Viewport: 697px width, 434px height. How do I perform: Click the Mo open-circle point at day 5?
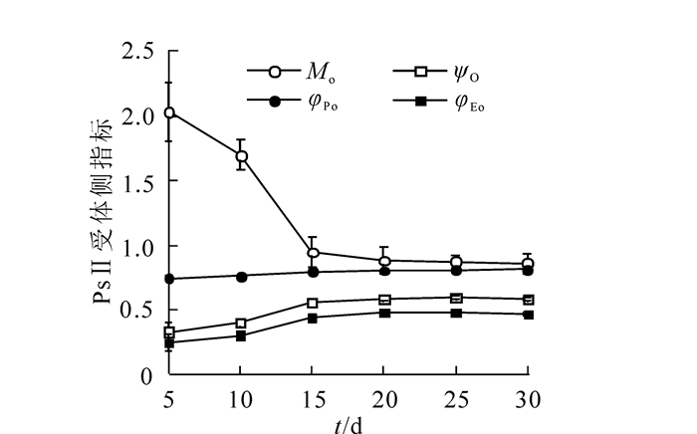pyautogui.click(x=169, y=112)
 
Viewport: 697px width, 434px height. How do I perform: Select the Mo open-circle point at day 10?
pyautogui.click(x=241, y=156)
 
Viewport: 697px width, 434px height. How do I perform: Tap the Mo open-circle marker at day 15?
pyautogui.click(x=313, y=252)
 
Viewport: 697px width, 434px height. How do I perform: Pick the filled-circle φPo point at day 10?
pyautogui.click(x=241, y=276)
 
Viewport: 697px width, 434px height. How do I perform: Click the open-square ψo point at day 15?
pyautogui.click(x=313, y=303)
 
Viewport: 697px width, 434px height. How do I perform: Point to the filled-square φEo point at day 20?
pyautogui.click(x=384, y=313)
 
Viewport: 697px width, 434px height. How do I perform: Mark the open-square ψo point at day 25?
pyautogui.click(x=456, y=298)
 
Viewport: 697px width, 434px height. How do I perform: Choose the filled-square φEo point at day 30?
pyautogui.click(x=528, y=315)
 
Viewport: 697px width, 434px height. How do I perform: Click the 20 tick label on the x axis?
pyautogui.click(x=384, y=399)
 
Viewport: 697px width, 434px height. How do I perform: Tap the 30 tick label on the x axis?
pyautogui.click(x=528, y=399)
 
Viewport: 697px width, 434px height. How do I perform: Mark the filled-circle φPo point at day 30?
pyautogui.click(x=528, y=270)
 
